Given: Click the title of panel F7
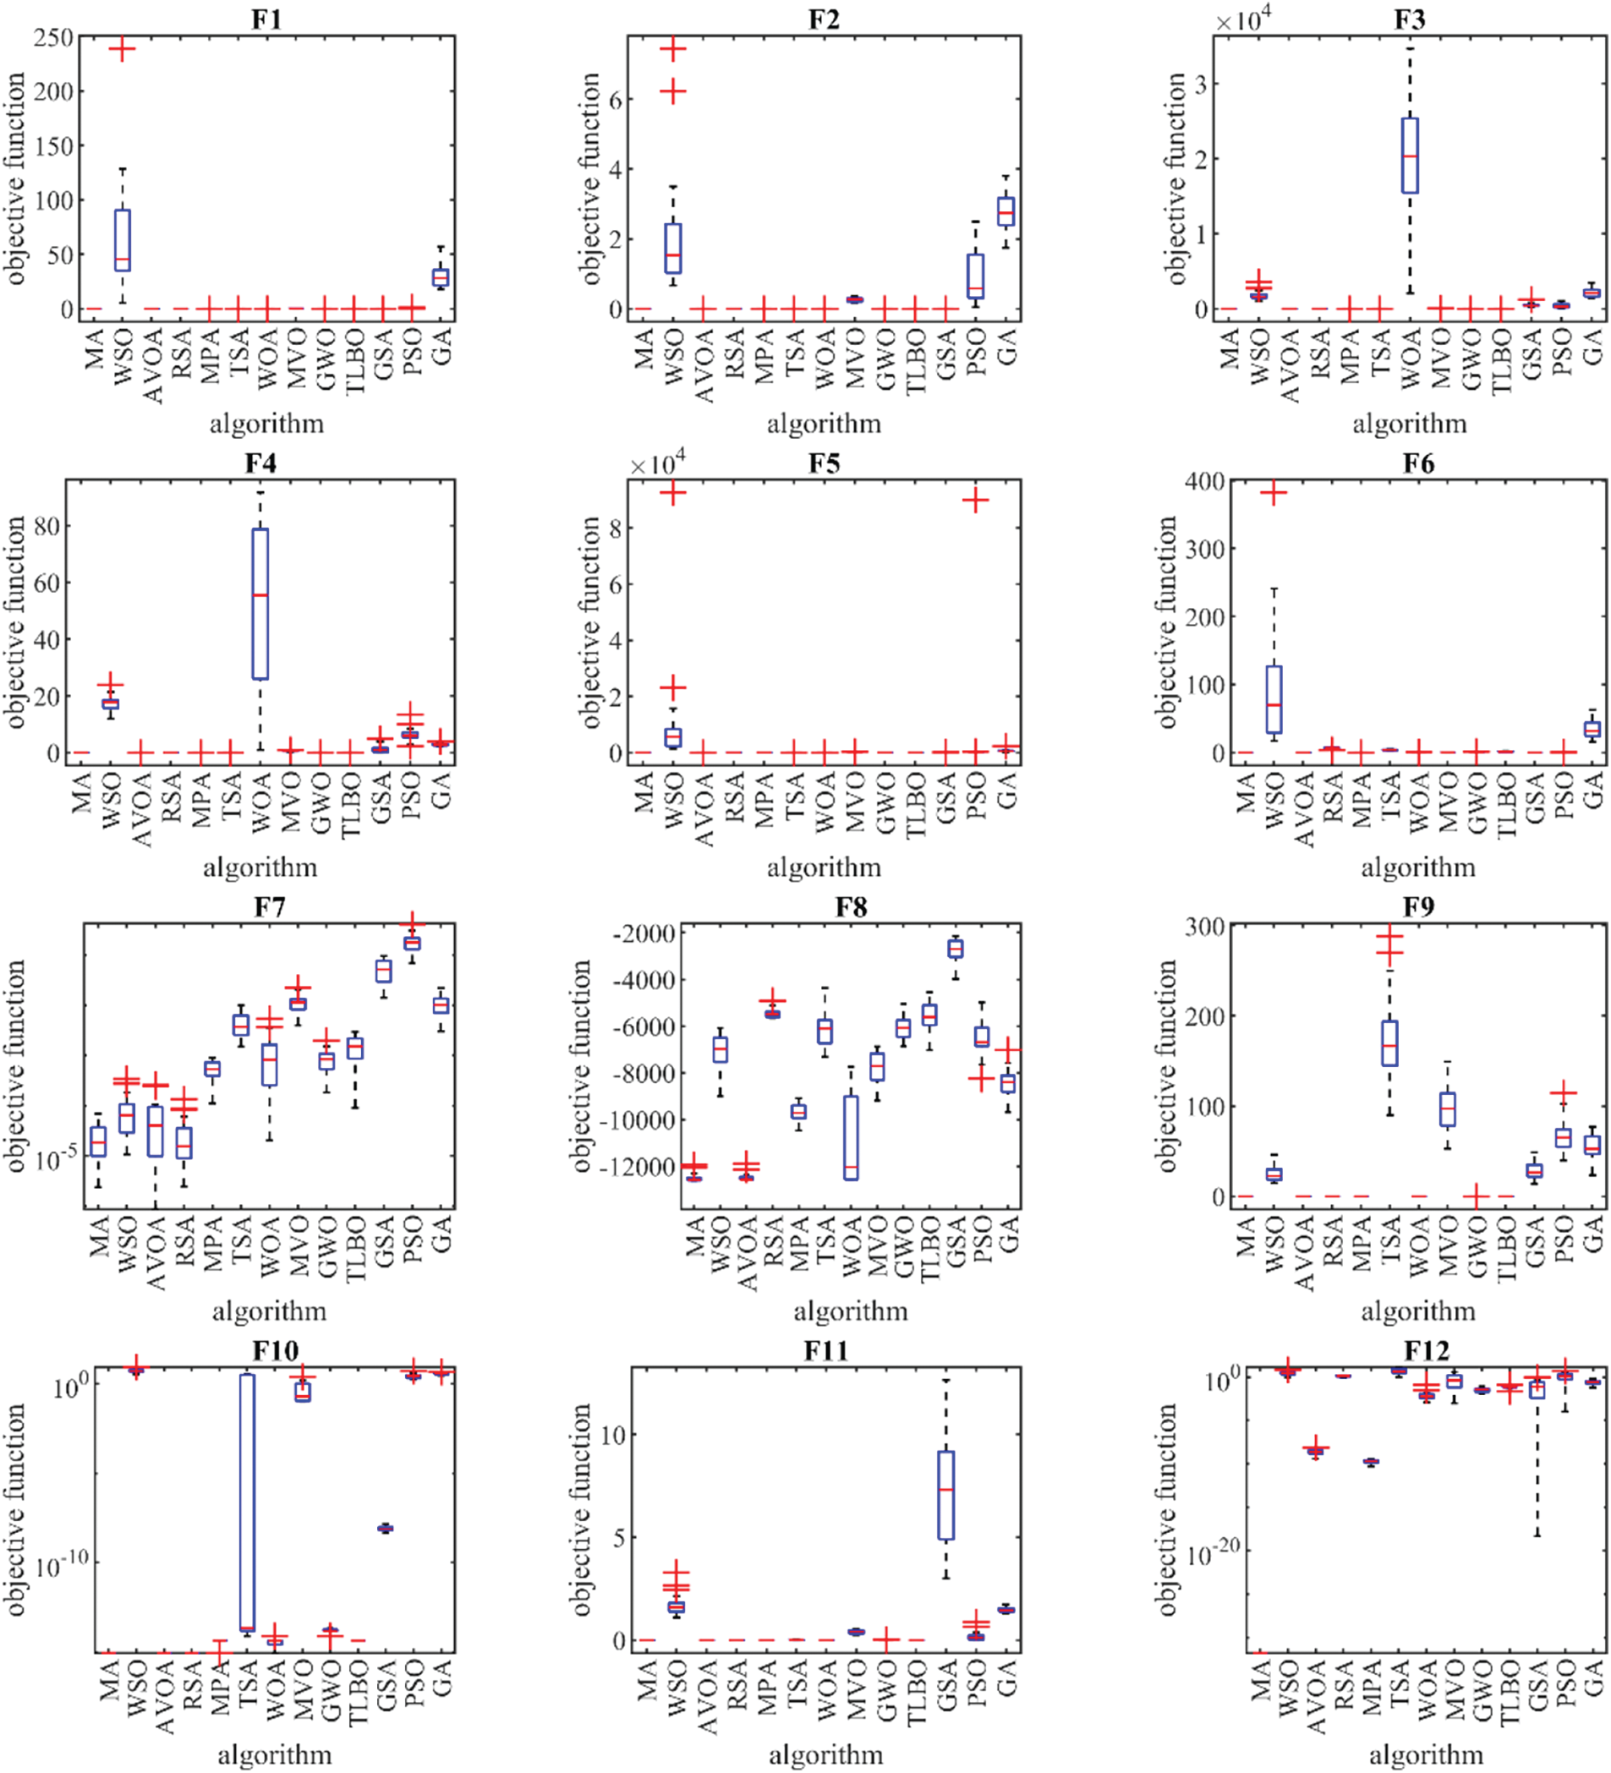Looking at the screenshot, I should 269,906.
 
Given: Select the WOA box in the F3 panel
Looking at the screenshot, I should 1410,156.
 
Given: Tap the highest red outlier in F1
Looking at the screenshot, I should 122,49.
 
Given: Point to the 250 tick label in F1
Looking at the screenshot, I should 55,37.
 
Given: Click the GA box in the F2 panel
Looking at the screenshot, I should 1006,212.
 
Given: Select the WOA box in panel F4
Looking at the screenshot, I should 260,605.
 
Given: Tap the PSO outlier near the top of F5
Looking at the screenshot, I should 975,501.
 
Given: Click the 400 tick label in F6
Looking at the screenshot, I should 1204,482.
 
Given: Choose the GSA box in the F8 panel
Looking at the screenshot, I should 956,949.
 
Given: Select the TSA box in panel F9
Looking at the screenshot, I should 1389,1043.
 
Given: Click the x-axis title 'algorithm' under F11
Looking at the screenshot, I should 825,1754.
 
